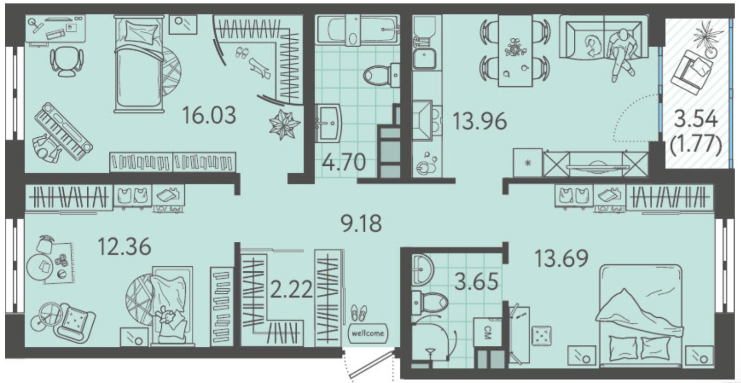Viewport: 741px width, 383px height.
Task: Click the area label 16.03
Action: (209, 115)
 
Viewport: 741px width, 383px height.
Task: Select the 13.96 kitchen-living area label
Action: (479, 121)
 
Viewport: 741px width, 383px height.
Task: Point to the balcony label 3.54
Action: (696, 119)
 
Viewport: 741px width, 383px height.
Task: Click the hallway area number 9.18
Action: (361, 224)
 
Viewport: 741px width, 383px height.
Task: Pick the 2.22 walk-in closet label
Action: (291, 289)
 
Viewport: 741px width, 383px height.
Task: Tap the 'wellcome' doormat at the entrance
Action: (368, 333)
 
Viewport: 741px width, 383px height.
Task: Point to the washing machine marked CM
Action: (487, 332)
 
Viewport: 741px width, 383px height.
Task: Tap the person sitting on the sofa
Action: (621, 53)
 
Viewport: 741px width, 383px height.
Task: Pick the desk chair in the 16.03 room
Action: (67, 61)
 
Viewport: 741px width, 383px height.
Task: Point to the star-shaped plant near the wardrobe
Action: (284, 125)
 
